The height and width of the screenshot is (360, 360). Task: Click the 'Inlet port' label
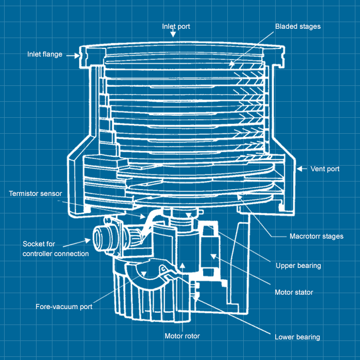[x=176, y=26]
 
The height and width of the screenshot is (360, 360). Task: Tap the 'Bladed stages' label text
[x=298, y=26]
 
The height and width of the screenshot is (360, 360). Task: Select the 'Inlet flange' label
[x=45, y=54]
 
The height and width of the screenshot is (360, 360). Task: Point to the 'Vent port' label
[x=325, y=169]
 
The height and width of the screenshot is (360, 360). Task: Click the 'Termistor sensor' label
[x=35, y=194]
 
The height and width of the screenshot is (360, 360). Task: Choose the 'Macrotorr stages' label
[x=316, y=237]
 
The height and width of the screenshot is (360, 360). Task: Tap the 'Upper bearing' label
[x=298, y=266]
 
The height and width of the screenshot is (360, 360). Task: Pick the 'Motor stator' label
[x=294, y=292]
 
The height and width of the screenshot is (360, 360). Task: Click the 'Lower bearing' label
[x=297, y=337]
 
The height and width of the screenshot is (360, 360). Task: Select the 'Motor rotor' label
[x=182, y=336]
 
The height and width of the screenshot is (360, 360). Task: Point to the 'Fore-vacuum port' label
[x=64, y=307]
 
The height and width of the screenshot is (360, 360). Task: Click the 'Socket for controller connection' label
[x=56, y=249]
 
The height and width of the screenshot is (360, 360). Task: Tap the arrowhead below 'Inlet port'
[x=173, y=34]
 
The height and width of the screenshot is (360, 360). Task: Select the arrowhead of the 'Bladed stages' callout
[x=231, y=65]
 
